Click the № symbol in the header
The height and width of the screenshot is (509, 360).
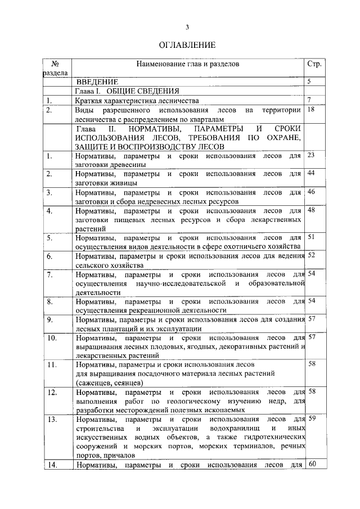pos(55,64)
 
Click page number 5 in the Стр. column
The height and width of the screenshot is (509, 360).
pos(309,82)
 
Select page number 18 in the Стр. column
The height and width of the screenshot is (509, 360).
pos(311,110)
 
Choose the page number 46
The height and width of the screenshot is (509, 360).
pos(311,192)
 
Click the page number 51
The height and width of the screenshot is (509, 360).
pos(311,237)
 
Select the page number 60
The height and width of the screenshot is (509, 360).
pos(313,464)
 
